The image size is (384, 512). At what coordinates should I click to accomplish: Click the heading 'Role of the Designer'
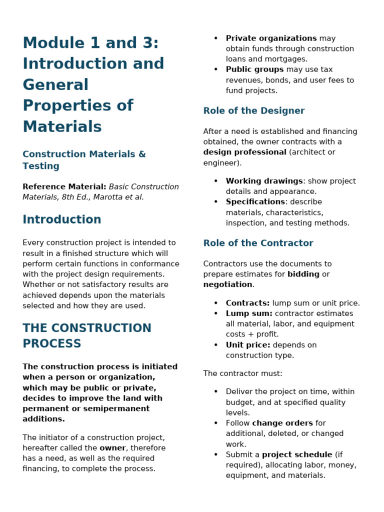pyautogui.click(x=253, y=111)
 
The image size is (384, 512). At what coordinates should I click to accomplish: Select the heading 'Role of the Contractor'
pyautogui.click(x=258, y=243)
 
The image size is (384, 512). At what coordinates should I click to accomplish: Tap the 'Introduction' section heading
pyautogui.click(x=62, y=219)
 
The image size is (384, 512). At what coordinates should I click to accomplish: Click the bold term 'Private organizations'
pyautogui.click(x=271, y=38)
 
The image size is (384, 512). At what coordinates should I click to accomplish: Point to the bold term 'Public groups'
pyautogui.click(x=254, y=69)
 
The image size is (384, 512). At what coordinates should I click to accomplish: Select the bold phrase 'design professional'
pyautogui.click(x=244, y=152)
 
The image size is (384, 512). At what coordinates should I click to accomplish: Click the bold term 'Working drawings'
pyautogui.click(x=264, y=181)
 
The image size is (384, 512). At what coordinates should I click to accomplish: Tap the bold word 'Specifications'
pyautogui.click(x=255, y=202)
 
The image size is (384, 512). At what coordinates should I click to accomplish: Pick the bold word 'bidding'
pyautogui.click(x=303, y=274)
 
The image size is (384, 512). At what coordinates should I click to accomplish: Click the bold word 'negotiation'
pyautogui.click(x=227, y=284)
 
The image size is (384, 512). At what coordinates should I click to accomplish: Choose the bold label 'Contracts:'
pyautogui.click(x=247, y=303)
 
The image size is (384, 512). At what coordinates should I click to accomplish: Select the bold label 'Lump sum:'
pyautogui.click(x=249, y=313)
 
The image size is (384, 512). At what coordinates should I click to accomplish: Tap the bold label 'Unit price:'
pyautogui.click(x=248, y=345)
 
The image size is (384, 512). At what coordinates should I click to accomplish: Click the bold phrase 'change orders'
pyautogui.click(x=282, y=423)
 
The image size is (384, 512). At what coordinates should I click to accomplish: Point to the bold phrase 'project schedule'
pyautogui.click(x=297, y=454)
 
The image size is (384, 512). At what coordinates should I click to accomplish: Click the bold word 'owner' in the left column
pyautogui.click(x=112, y=448)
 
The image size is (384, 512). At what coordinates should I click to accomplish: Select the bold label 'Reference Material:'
pyautogui.click(x=64, y=187)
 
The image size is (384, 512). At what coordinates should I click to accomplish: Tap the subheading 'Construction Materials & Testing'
pyautogui.click(x=84, y=160)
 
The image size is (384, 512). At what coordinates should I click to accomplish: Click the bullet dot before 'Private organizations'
pyautogui.click(x=216, y=38)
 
